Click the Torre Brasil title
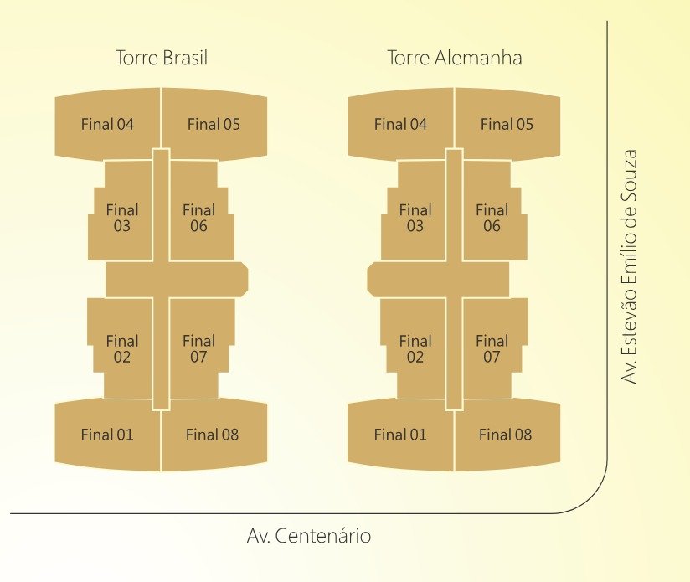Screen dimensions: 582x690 tap(161, 59)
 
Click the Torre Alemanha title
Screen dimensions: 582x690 tap(455, 59)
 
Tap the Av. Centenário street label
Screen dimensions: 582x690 tap(309, 535)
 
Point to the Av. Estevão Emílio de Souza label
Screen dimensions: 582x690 tap(630, 267)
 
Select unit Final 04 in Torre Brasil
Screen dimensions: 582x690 tap(107, 125)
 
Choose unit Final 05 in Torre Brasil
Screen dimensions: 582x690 tap(214, 125)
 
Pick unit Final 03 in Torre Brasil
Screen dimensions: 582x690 tap(122, 218)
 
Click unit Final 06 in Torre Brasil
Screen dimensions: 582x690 tap(198, 218)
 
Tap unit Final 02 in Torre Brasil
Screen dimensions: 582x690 tap(122, 348)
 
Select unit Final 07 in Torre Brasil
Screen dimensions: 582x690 tap(198, 348)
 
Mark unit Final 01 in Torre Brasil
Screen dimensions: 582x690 tap(107, 435)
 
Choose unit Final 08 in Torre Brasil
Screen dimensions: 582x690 tap(213, 435)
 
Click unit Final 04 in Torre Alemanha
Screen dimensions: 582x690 tap(400, 125)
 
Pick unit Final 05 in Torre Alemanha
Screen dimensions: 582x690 tap(507, 125)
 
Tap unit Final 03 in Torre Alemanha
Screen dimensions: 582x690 tap(415, 218)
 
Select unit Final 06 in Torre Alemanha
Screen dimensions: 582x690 tap(492, 218)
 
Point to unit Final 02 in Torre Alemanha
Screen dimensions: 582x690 tap(415, 348)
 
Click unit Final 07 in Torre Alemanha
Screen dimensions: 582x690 tap(492, 348)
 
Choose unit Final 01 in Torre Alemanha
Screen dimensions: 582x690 tap(400, 435)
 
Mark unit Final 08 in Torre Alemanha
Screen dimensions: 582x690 tap(506, 435)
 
